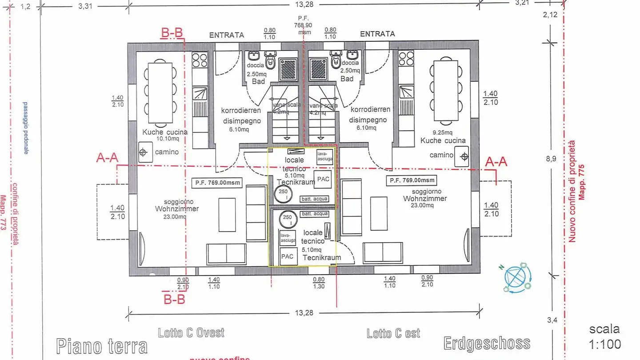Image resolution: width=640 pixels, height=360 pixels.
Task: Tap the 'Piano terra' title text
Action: [x=102, y=346]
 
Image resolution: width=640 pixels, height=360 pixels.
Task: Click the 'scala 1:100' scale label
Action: [x=604, y=336]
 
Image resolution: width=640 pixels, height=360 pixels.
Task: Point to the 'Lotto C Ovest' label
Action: [x=191, y=332]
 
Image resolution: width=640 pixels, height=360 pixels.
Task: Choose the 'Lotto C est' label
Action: [x=393, y=333]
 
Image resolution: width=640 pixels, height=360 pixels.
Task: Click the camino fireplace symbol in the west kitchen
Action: [x=144, y=152]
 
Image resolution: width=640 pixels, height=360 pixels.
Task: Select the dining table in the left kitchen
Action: [x=160, y=92]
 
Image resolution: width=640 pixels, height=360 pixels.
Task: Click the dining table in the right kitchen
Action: [x=446, y=91]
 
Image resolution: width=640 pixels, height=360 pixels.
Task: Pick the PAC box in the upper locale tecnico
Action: [x=323, y=179]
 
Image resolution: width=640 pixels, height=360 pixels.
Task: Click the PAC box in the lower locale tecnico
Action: [x=287, y=256]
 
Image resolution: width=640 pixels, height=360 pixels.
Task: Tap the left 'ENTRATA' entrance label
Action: [x=227, y=35]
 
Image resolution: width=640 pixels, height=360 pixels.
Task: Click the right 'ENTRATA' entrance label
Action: [x=377, y=34]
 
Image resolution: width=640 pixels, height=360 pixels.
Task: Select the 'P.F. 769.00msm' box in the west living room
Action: [x=215, y=182]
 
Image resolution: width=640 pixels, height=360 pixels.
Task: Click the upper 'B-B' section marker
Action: [x=172, y=32]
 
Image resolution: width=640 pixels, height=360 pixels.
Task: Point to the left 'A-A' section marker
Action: [x=107, y=158]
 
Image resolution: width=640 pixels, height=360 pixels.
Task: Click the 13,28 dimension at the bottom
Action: [x=304, y=313]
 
